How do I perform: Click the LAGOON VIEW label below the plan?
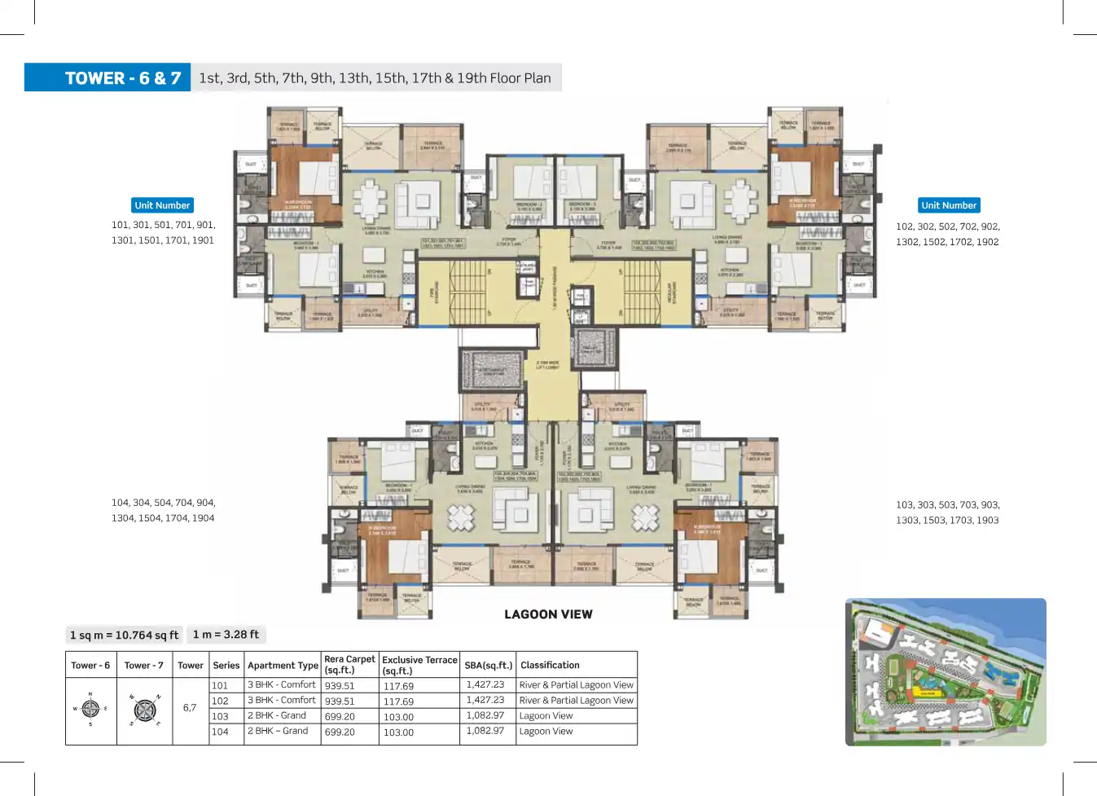click(x=548, y=614)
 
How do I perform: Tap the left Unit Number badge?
click(x=162, y=205)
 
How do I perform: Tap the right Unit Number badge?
click(x=949, y=205)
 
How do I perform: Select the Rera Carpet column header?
click(x=349, y=665)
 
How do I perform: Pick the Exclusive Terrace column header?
click(x=419, y=665)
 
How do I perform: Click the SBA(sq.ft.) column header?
click(x=488, y=666)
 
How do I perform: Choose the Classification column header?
click(x=550, y=666)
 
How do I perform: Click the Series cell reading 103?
click(x=221, y=717)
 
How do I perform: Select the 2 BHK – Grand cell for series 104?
click(x=278, y=732)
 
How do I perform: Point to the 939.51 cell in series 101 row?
click(x=340, y=686)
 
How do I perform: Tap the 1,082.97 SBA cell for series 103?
click(x=485, y=716)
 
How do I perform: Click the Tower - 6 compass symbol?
click(x=90, y=709)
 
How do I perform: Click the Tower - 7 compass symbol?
click(x=145, y=710)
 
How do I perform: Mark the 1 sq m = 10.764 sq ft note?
click(x=124, y=635)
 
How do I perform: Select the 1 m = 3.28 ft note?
click(x=226, y=635)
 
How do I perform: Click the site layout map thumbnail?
click(x=946, y=672)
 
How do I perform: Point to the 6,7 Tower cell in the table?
click(x=190, y=708)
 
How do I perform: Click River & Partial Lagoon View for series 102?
click(x=576, y=701)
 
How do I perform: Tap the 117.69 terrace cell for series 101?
click(x=398, y=687)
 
